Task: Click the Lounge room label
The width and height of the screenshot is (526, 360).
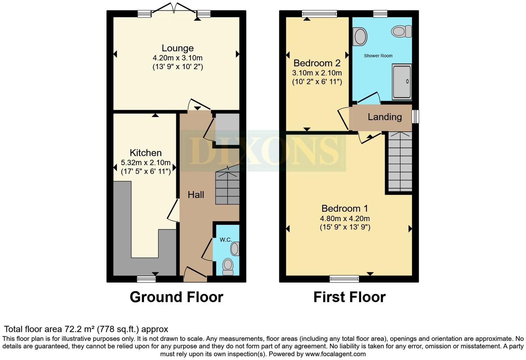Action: click(x=178, y=48)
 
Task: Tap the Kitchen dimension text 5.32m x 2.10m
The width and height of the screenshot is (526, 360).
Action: click(x=146, y=162)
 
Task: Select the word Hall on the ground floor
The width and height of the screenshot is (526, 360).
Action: click(x=196, y=195)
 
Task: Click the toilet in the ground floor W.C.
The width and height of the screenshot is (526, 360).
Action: click(x=228, y=266)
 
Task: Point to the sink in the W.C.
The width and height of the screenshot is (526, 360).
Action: click(x=235, y=249)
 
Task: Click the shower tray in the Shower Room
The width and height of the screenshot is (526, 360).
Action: click(x=402, y=82)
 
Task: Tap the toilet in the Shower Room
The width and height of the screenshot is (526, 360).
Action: click(x=401, y=31)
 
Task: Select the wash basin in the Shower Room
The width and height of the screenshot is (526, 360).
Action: click(x=360, y=37)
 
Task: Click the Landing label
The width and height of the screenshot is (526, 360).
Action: click(x=384, y=117)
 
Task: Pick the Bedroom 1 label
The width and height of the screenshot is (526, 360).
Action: click(x=345, y=208)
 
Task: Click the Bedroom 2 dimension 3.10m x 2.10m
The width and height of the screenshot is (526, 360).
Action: click(x=317, y=73)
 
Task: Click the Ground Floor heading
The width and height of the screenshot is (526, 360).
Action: click(x=176, y=297)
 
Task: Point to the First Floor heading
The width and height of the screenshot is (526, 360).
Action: click(x=350, y=297)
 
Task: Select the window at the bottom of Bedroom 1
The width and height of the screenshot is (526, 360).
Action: click(x=344, y=279)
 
